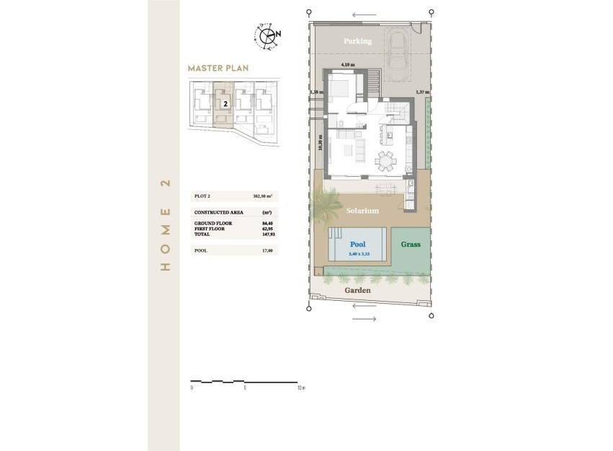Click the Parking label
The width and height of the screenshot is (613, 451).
point(357,41)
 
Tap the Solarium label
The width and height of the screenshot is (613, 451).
point(362,211)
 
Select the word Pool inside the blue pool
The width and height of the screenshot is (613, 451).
point(358,245)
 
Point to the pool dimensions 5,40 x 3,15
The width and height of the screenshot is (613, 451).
point(358,253)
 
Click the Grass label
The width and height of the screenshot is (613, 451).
point(411,245)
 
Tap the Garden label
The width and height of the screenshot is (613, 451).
point(357,290)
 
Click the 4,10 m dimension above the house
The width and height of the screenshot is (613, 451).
point(349,65)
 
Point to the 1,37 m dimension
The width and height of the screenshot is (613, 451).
point(423,92)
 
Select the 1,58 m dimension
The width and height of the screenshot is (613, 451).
point(317,92)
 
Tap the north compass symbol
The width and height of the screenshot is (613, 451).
point(267,35)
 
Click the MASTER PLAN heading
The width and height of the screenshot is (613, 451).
point(218,69)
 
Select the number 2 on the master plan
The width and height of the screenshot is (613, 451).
point(225,104)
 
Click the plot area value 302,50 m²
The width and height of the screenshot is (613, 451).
point(264,196)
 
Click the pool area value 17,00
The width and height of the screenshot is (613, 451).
point(268,250)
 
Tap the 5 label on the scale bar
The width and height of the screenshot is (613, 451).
point(245,388)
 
